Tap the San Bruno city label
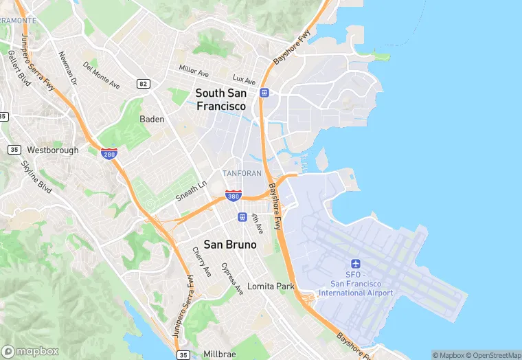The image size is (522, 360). click(x=230, y=244)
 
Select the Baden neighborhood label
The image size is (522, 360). click(x=152, y=119)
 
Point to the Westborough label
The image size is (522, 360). click(x=53, y=150)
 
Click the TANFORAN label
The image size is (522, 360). click(x=242, y=173)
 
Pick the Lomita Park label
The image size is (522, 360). click(x=271, y=286)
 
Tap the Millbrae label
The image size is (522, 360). click(x=220, y=355)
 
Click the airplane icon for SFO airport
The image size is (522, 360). click(x=356, y=264)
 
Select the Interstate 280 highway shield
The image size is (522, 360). click(x=109, y=154)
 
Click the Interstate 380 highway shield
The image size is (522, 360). click(x=234, y=196)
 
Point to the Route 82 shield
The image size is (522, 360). click(x=143, y=84)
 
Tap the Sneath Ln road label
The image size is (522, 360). click(x=192, y=190)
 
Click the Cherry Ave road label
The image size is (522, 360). click(x=202, y=262)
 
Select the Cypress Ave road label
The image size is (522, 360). click(x=233, y=278)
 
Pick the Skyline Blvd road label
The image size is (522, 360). click(x=36, y=177)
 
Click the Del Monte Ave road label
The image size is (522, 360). click(x=101, y=76)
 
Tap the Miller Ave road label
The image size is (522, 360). click(x=194, y=71)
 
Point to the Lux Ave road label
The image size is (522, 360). click(x=244, y=80)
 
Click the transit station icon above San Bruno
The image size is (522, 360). click(x=242, y=217)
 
